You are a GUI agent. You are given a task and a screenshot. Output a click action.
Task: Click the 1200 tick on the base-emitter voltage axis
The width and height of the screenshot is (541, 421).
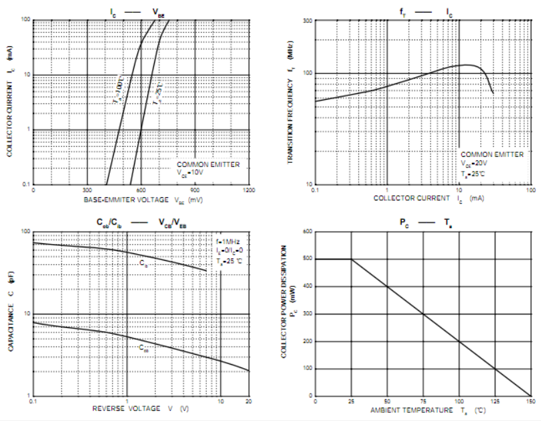click(248, 190)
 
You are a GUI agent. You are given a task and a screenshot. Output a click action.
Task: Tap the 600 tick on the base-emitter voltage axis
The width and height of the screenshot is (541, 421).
click(141, 190)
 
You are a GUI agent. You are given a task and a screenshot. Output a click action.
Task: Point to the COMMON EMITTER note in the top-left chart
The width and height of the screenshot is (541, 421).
click(208, 164)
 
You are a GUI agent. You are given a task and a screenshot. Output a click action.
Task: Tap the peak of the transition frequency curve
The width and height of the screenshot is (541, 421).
click(467, 65)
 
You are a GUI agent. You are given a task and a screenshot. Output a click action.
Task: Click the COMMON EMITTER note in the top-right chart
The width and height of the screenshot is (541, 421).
click(491, 155)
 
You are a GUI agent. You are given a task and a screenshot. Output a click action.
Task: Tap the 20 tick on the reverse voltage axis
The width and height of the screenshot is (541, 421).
click(248, 401)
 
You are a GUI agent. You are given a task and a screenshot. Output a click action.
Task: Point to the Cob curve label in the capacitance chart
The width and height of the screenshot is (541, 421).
click(144, 349)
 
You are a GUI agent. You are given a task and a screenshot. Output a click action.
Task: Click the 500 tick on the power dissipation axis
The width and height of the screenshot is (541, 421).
click(308, 259)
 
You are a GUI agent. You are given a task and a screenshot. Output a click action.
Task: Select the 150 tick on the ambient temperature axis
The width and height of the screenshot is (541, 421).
click(530, 401)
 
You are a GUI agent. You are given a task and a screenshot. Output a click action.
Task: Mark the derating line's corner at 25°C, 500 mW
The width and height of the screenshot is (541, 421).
click(352, 259)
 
